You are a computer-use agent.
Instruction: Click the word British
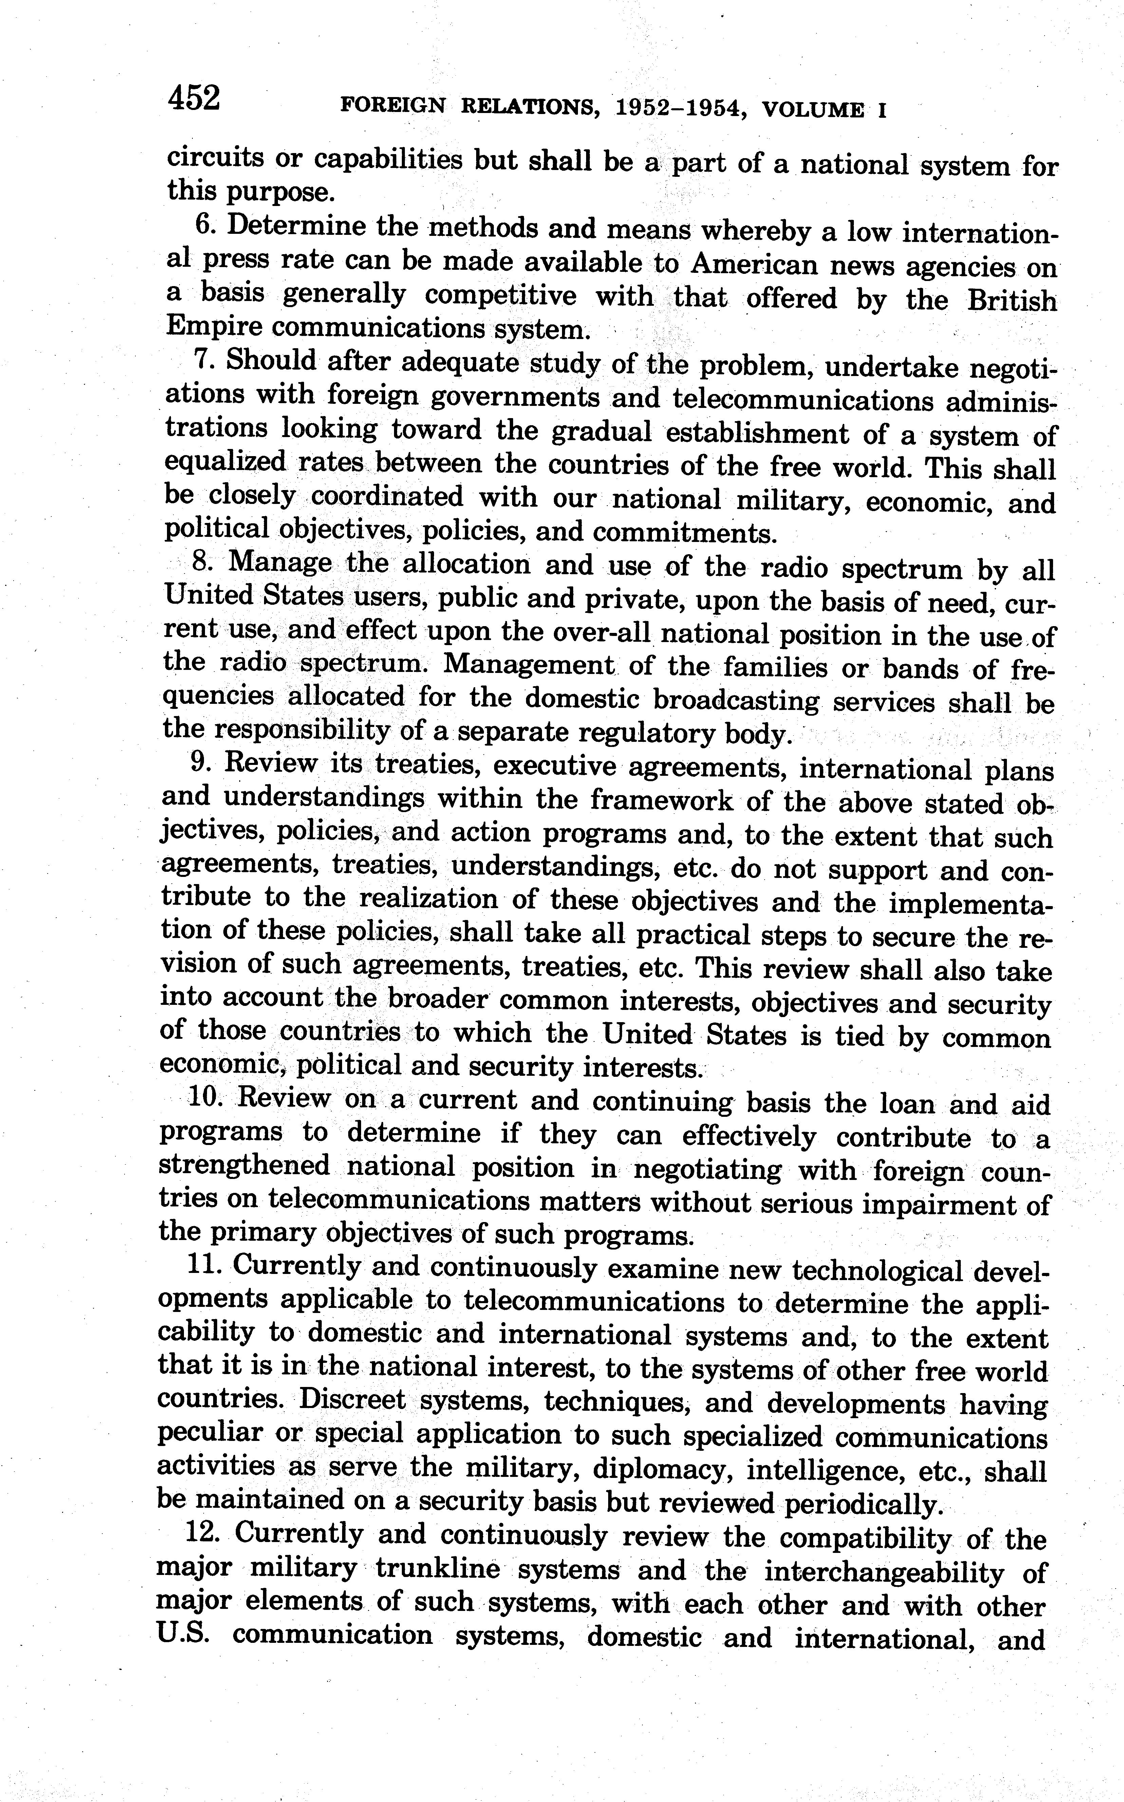click(1012, 301)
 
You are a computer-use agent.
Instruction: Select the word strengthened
click(244, 1165)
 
